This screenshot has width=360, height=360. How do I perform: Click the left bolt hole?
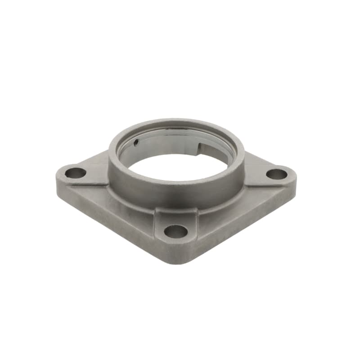(x=75, y=172)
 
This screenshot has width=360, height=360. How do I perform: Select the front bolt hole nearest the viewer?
(x=175, y=231)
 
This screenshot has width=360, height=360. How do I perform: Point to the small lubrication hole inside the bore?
(x=136, y=144)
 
